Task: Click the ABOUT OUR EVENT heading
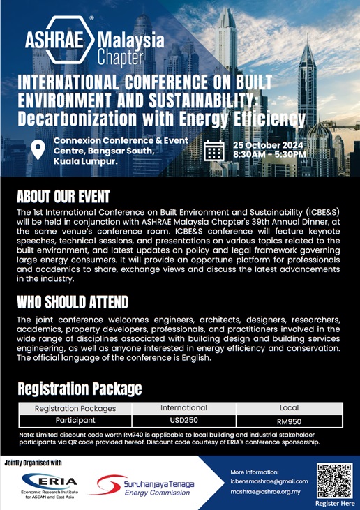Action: point(63,195)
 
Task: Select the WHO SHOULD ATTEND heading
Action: point(73,302)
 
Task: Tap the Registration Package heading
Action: point(80,388)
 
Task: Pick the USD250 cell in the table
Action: point(183,421)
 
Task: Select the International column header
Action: point(183,407)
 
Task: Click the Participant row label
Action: point(75,421)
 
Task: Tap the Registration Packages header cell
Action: point(75,408)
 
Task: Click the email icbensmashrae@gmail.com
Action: point(269,481)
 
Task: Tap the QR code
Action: point(335,479)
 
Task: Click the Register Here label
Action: point(335,503)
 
